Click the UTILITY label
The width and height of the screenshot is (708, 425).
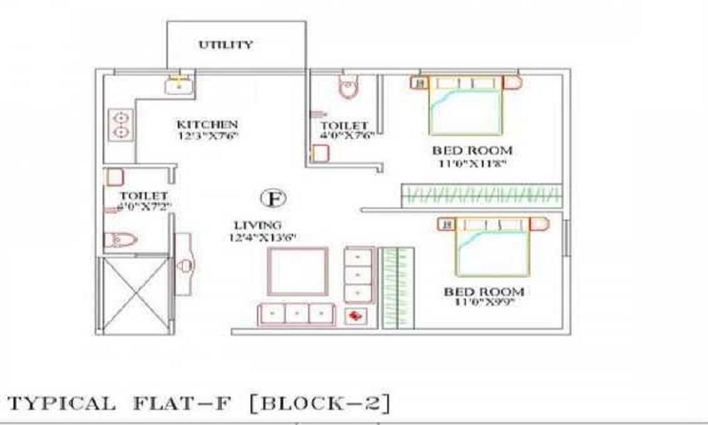[x=225, y=45]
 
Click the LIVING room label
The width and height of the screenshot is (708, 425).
[x=253, y=225]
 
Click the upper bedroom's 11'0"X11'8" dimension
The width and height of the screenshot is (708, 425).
[x=472, y=164]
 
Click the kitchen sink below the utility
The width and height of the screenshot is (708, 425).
[x=180, y=86]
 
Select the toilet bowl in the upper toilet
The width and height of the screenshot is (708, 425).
[x=348, y=88]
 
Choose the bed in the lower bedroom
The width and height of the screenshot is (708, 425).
[x=492, y=248]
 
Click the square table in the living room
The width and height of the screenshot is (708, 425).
[x=296, y=271]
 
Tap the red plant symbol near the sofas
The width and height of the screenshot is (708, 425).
[x=355, y=316]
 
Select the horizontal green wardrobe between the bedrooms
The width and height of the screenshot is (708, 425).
[x=481, y=195]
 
